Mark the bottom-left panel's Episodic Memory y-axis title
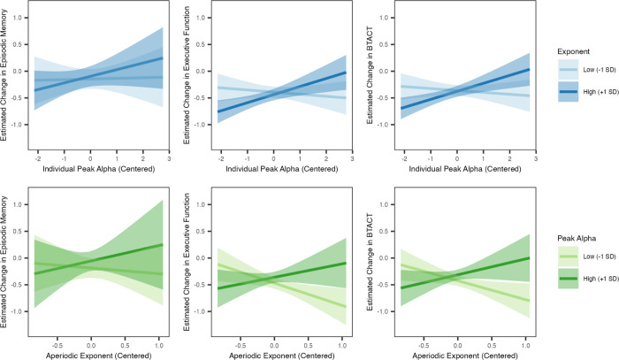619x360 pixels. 7,262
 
